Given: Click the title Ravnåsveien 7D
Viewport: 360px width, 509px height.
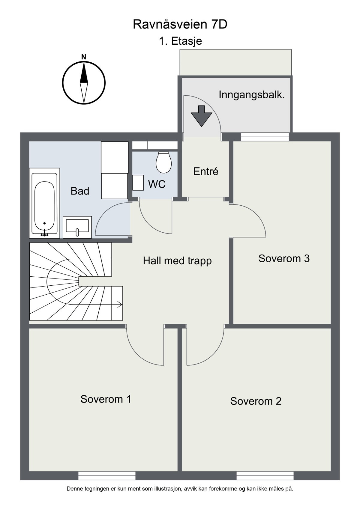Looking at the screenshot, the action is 180,25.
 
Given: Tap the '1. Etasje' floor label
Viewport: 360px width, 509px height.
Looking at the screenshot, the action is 180,41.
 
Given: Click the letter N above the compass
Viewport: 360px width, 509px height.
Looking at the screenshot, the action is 84,57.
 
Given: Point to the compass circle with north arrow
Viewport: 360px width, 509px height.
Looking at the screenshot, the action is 84,83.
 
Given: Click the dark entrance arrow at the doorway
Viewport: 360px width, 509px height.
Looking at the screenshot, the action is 201,116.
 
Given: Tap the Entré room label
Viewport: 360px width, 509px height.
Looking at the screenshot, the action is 206,171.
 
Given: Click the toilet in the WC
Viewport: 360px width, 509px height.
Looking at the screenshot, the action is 164,162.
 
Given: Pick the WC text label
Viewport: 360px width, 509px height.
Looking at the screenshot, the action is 157,184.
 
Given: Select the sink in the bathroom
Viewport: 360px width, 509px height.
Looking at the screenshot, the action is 77,227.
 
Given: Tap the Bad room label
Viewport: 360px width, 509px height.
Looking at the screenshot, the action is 80,191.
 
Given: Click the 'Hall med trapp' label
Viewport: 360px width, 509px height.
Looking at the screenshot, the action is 177,260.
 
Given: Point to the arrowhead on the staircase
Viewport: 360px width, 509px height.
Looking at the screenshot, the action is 120,304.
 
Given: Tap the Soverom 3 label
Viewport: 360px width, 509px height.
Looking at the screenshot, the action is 284,258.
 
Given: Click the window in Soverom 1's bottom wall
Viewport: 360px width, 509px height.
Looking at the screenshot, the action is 107,476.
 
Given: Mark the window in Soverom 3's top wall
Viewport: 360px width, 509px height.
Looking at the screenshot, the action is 265,137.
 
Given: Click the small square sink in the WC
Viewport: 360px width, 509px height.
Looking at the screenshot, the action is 138,183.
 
